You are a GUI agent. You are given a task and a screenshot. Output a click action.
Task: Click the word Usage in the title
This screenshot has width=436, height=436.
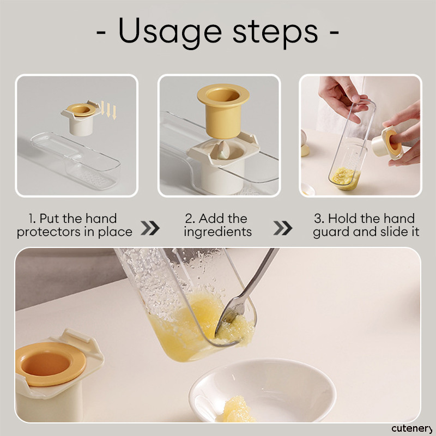point(170,32)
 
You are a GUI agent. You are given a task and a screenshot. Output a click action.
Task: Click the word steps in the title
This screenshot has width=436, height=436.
point(275,33)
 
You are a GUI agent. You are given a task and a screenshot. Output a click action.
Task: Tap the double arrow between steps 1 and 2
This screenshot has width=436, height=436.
point(150,228)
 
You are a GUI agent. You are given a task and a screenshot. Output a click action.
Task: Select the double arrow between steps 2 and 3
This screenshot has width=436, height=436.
point(283,228)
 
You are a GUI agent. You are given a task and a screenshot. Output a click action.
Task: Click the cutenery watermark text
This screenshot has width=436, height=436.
point(412,428)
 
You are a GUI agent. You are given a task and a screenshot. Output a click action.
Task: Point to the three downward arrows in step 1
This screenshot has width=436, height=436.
point(108,110)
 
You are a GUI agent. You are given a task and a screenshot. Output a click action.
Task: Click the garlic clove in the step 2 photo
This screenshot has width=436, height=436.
point(223,150)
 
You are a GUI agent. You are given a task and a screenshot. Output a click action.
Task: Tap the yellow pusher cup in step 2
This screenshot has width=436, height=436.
point(223,111)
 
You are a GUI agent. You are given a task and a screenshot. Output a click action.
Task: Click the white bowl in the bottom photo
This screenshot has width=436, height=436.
point(262,391)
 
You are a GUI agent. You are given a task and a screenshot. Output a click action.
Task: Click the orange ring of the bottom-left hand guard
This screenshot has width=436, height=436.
point(51,364)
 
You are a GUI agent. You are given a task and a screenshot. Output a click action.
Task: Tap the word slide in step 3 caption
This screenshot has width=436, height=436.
point(391,232)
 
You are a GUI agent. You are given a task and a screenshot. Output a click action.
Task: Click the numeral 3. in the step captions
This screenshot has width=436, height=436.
point(319,219)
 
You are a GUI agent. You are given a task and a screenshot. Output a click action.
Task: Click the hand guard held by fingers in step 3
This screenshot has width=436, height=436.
point(387,143)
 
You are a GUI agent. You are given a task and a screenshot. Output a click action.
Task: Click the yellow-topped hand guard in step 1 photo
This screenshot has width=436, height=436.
point(81,118)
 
